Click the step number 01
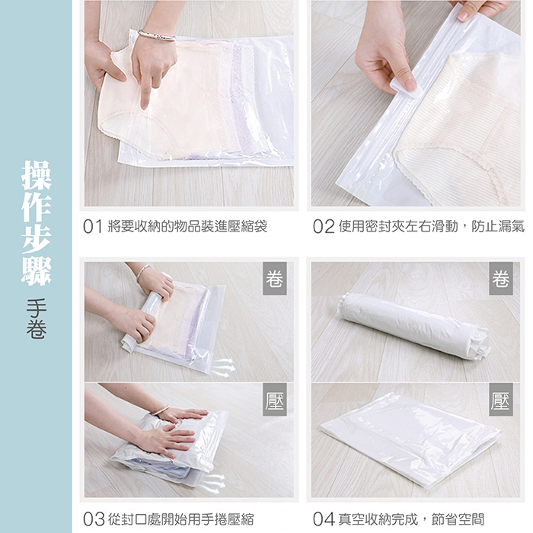point(92,226)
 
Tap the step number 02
point(324,226)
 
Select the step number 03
point(94,519)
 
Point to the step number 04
point(324,519)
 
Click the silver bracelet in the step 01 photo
point(156,35)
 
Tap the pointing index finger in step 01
point(146,92)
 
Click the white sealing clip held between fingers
point(407,88)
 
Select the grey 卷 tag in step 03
point(275,279)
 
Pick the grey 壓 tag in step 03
point(275,400)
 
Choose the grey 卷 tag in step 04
point(501,279)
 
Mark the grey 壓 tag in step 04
point(501,400)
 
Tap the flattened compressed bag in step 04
point(410,439)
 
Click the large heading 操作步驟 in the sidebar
point(36,223)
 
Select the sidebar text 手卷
point(37,318)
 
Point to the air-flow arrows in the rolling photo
point(222,368)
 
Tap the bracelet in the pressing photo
point(161,410)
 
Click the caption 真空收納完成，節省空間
point(411,519)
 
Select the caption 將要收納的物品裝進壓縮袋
point(187,226)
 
